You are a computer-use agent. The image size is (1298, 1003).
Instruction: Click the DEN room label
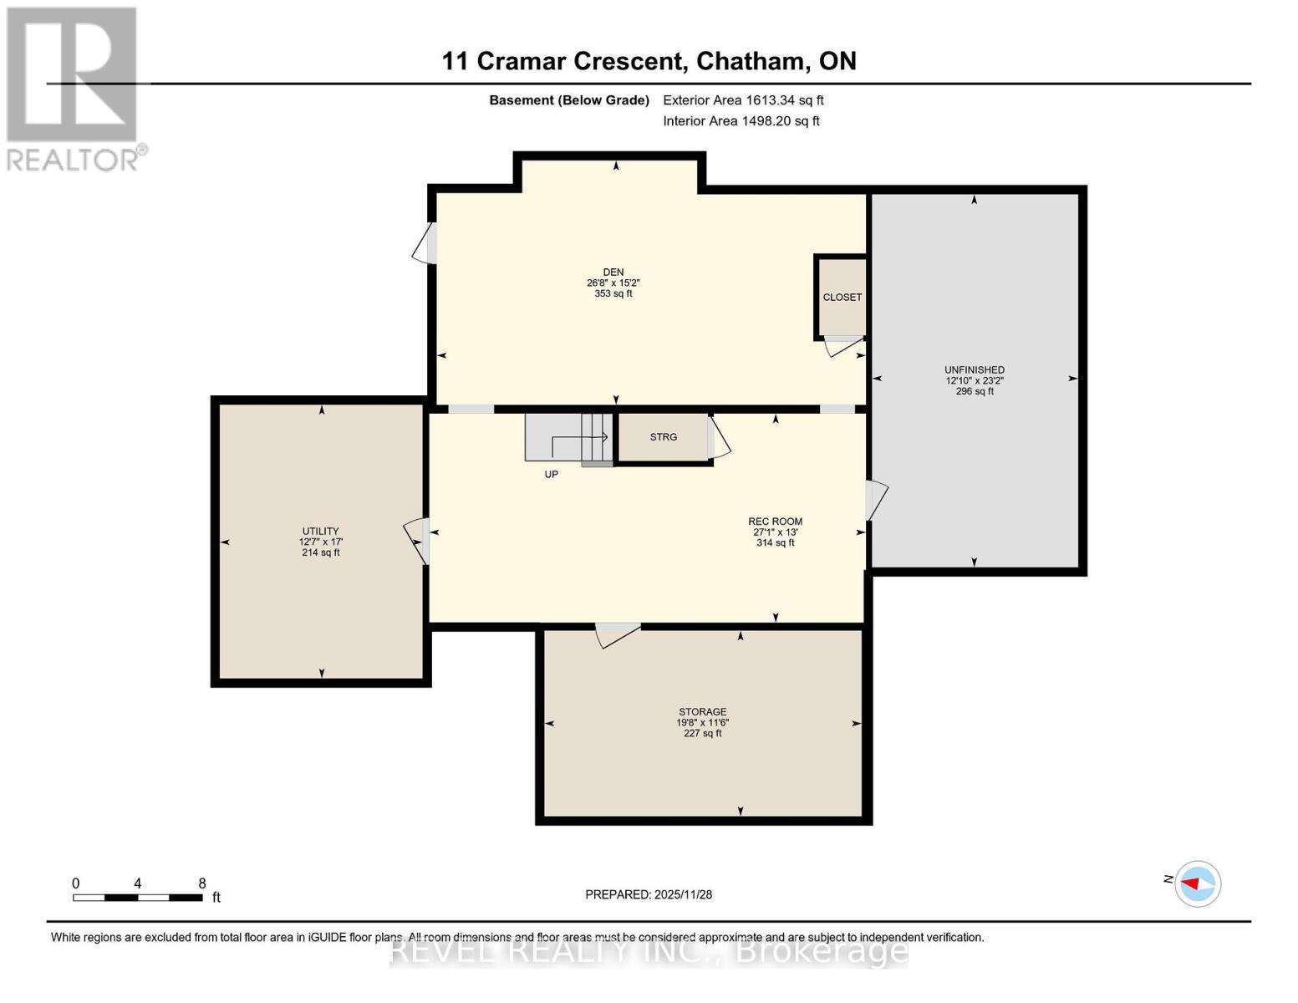coord(613,272)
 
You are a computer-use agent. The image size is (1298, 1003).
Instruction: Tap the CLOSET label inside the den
coord(842,298)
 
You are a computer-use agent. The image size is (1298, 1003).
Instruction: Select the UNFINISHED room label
coord(975,370)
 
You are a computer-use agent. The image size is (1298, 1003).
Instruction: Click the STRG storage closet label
coord(664,437)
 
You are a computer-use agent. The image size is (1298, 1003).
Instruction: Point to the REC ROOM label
coord(775,522)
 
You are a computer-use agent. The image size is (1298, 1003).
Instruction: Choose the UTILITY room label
coord(320,532)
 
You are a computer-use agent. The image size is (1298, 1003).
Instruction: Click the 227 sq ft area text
coord(702,734)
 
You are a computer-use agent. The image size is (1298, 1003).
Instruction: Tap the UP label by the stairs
coord(551,475)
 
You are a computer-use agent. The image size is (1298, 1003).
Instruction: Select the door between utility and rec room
coord(418,539)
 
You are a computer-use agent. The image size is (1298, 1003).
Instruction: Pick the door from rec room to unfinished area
coord(875,499)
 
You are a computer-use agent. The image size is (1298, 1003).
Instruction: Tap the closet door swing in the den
coord(842,345)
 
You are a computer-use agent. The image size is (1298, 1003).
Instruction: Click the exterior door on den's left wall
coord(425,243)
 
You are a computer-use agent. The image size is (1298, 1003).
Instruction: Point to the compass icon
coord(1198,883)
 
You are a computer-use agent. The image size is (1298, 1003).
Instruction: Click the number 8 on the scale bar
coord(202,883)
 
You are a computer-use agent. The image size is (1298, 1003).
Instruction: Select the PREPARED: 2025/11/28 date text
coord(649,894)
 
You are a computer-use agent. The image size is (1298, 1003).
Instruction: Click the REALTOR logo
coord(74,88)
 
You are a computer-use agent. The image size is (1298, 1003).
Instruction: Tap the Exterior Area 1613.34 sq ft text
coord(743,100)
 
